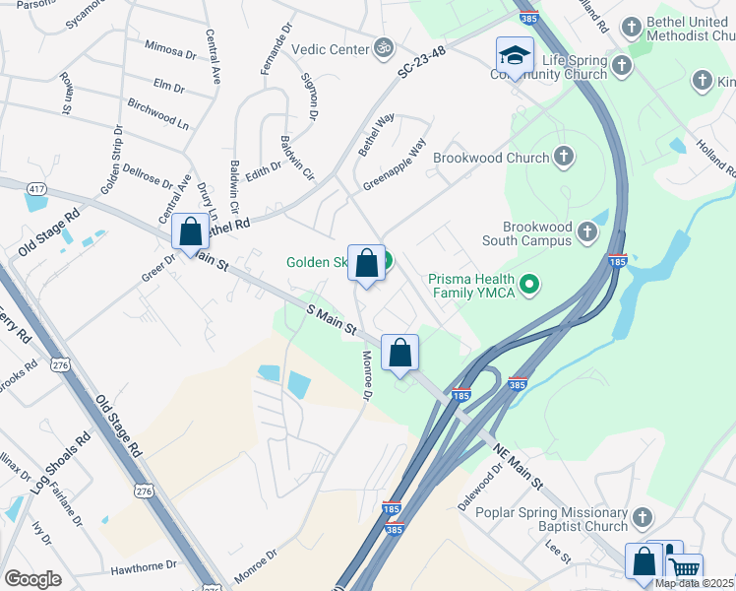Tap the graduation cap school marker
[514, 56]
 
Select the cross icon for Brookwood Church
[564, 157]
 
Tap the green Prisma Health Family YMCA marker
[529, 286]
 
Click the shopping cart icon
[684, 567]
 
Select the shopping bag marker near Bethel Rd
[191, 232]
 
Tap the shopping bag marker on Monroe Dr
[400, 353]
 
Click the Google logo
[32, 578]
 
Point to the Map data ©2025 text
[693, 583]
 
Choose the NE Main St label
[518, 466]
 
